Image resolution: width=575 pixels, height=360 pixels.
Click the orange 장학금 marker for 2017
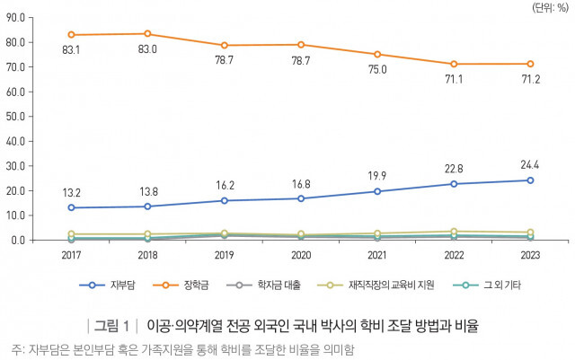(71, 35)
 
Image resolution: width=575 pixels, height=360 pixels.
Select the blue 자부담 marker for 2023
(530, 180)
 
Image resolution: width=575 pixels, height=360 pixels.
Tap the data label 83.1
(71, 51)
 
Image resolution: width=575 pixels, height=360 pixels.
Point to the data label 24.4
(530, 164)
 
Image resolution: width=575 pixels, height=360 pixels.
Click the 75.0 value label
(377, 70)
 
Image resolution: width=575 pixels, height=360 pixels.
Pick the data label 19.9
(377, 175)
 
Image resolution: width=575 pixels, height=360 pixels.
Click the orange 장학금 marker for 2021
(377, 55)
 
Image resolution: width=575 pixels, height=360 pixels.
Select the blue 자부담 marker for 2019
(225, 200)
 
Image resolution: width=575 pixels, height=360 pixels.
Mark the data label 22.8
(454, 168)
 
